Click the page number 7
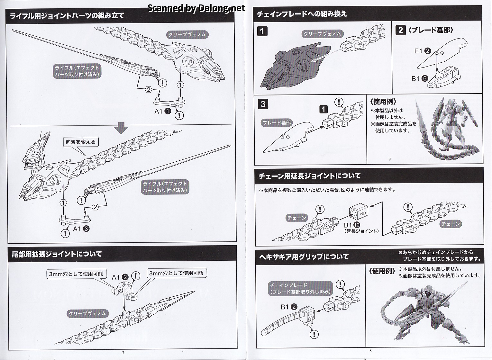[x=123, y=353]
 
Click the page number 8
[x=370, y=351]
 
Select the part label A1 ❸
[x=81, y=229]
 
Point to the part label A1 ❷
[x=120, y=277]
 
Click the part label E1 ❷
[x=422, y=51]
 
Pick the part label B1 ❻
[x=420, y=78]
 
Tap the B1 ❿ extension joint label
[x=352, y=225]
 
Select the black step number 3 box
[x=263, y=104]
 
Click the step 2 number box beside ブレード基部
[x=401, y=30]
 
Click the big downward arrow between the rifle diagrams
[x=121, y=128]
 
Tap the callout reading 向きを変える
[x=81, y=142]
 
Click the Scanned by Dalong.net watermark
[x=196, y=8]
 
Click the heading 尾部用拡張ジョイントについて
[x=57, y=254]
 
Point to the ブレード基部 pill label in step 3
[x=277, y=123]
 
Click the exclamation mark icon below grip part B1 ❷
[x=314, y=334]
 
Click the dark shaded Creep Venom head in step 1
[x=294, y=66]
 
